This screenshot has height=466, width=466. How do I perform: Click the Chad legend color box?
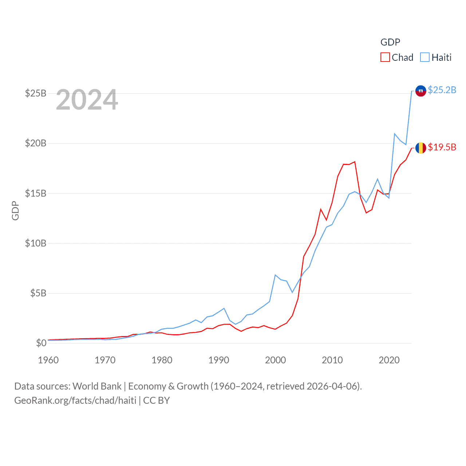click(x=385, y=58)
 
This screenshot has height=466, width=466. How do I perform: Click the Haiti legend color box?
click(x=424, y=58)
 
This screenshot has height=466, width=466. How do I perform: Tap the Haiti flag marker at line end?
click(x=420, y=91)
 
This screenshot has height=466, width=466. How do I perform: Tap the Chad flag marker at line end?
click(x=420, y=148)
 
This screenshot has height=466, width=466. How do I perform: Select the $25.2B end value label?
click(x=442, y=90)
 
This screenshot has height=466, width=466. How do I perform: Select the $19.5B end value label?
click(x=442, y=147)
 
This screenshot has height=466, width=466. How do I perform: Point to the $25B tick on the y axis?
click(x=36, y=94)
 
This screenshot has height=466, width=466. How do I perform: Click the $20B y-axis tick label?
click(x=36, y=143)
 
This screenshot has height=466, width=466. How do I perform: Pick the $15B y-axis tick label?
click(x=36, y=193)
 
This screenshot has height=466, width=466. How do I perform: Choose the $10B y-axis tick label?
click(x=36, y=243)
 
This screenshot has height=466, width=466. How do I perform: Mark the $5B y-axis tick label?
click(x=38, y=293)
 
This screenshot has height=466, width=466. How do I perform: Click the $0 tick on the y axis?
click(x=41, y=343)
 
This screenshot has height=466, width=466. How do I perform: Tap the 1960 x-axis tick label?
click(x=48, y=360)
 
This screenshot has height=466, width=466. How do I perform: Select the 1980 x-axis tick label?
click(x=162, y=360)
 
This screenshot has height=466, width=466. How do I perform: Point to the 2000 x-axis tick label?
click(x=276, y=360)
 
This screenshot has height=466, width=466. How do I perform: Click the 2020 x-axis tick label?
click(x=389, y=360)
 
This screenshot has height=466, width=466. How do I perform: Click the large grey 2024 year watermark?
click(x=87, y=100)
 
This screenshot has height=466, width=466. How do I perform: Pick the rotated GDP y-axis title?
click(x=15, y=210)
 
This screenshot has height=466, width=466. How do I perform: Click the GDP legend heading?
click(x=390, y=42)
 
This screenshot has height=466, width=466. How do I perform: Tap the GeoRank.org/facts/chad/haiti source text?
click(x=75, y=400)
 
